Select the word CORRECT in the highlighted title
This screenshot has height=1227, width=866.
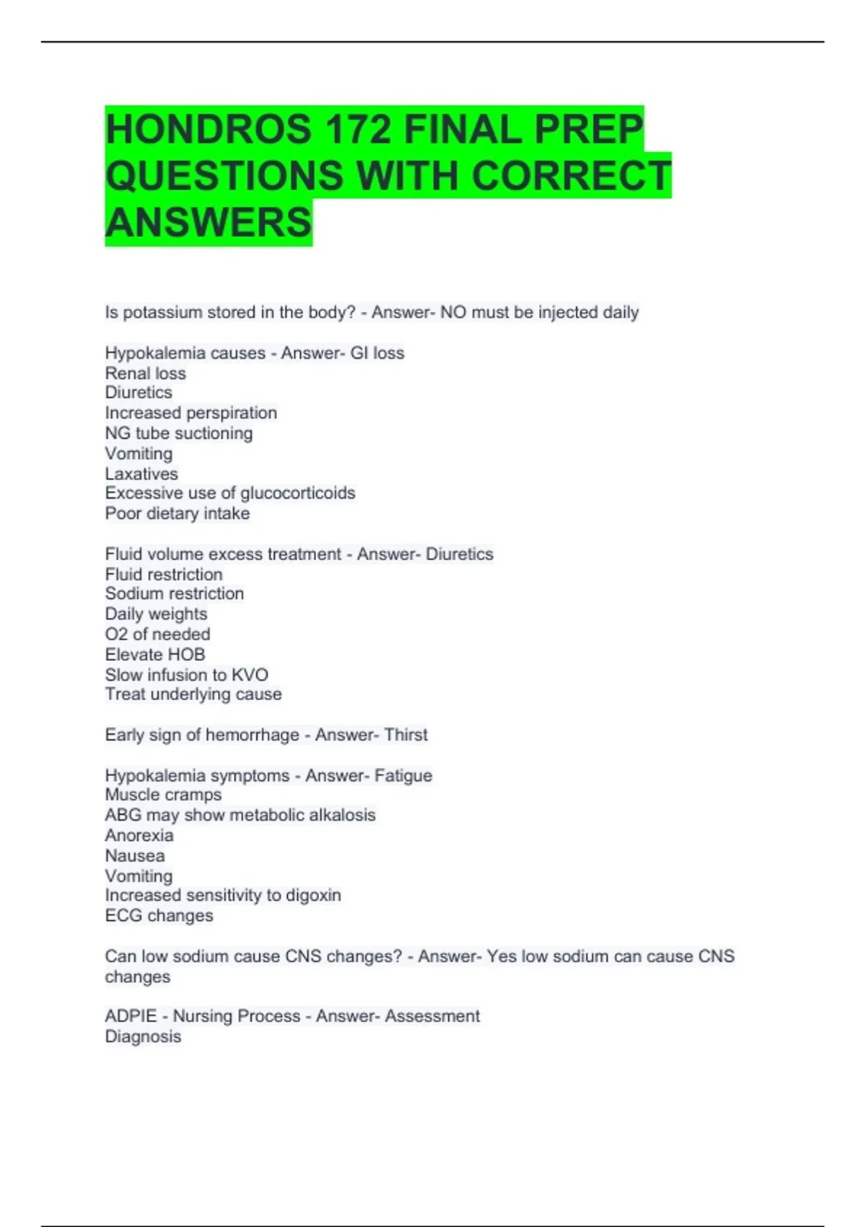[571, 176]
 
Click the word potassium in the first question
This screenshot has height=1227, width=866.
[162, 313]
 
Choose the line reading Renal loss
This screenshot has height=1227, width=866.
[145, 373]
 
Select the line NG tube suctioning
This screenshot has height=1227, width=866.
[178, 433]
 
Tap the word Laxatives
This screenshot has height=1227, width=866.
[141, 473]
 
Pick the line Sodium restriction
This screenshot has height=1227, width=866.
[174, 593]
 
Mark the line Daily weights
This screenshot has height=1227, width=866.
[156, 613]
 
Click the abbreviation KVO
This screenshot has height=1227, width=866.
[250, 675]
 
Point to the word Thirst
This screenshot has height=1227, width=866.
[406, 735]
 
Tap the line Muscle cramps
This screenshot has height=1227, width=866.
[163, 795]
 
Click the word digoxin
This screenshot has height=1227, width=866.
[313, 895]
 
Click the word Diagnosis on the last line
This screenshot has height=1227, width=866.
[143, 1036]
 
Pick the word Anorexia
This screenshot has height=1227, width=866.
[139, 835]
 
